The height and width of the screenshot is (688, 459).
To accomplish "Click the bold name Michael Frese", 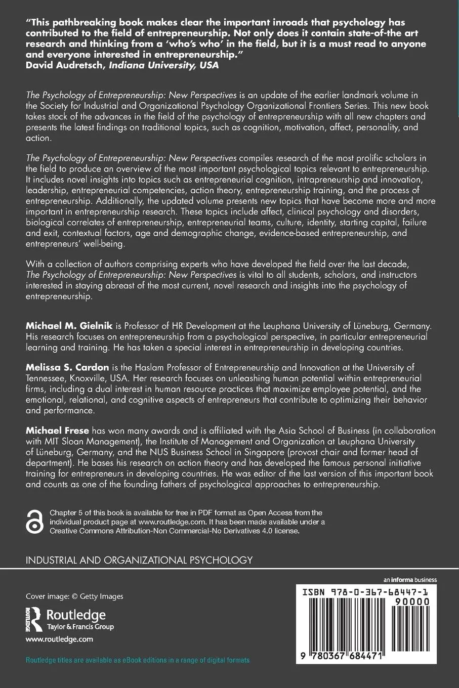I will (x=57, y=431).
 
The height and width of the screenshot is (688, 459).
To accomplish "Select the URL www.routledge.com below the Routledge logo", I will (x=59, y=639).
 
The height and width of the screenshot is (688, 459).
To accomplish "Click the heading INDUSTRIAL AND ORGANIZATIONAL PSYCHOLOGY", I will (x=139, y=560).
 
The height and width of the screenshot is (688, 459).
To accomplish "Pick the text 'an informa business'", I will (x=410, y=580).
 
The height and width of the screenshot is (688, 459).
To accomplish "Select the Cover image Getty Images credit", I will (x=74, y=596).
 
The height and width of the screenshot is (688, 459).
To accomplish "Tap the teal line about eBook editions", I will (x=138, y=660).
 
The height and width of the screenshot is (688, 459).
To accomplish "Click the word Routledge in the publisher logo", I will (x=76, y=615).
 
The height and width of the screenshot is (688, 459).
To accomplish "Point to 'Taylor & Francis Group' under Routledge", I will (x=80, y=626).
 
